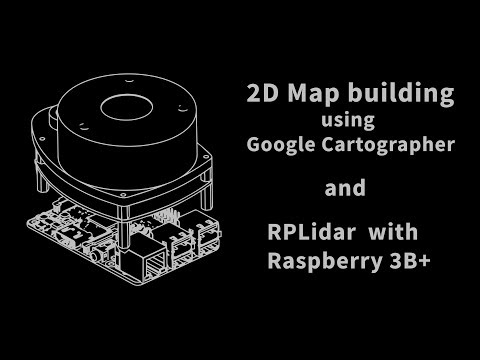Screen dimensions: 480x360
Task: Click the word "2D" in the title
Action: point(261,96)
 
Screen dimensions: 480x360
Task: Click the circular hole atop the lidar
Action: point(127,106)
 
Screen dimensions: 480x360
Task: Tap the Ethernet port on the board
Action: point(155,262)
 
